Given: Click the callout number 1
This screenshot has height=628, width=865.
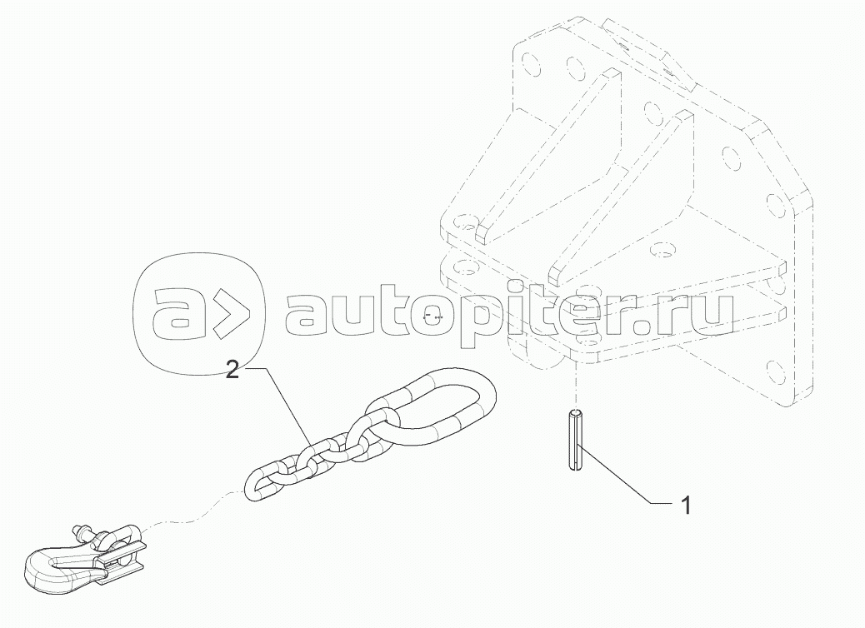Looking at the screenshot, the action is tap(685, 505).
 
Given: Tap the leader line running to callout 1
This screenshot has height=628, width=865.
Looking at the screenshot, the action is tap(625, 478).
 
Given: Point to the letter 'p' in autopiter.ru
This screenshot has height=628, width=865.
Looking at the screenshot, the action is tap(461, 321).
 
